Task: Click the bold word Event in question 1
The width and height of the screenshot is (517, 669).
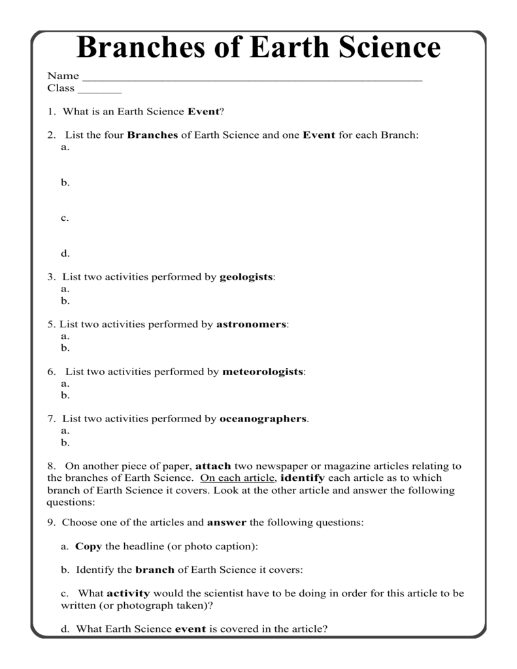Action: pos(203,112)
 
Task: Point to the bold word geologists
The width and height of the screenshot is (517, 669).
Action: pos(246,277)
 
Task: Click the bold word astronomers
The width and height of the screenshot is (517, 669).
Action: pos(251,324)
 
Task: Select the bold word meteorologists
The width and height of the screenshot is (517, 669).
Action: pos(263,372)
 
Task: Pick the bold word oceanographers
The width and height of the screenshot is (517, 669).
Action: pos(263,419)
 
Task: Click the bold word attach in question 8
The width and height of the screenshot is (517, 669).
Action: pos(214,466)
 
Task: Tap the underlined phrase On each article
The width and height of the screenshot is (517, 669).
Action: pos(238,478)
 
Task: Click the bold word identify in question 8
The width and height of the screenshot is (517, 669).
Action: pos(302,478)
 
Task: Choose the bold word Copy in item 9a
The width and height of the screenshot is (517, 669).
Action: pos(88,546)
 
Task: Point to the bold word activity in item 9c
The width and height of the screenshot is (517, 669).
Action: pos(128,593)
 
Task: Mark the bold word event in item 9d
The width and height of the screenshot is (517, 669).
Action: pos(191,629)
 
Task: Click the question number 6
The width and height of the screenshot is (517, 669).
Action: pos(50,372)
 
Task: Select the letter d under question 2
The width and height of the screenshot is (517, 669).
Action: pos(65,253)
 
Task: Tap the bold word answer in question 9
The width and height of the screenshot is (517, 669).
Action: pos(227,523)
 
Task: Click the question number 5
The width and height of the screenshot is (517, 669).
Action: pos(50,324)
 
